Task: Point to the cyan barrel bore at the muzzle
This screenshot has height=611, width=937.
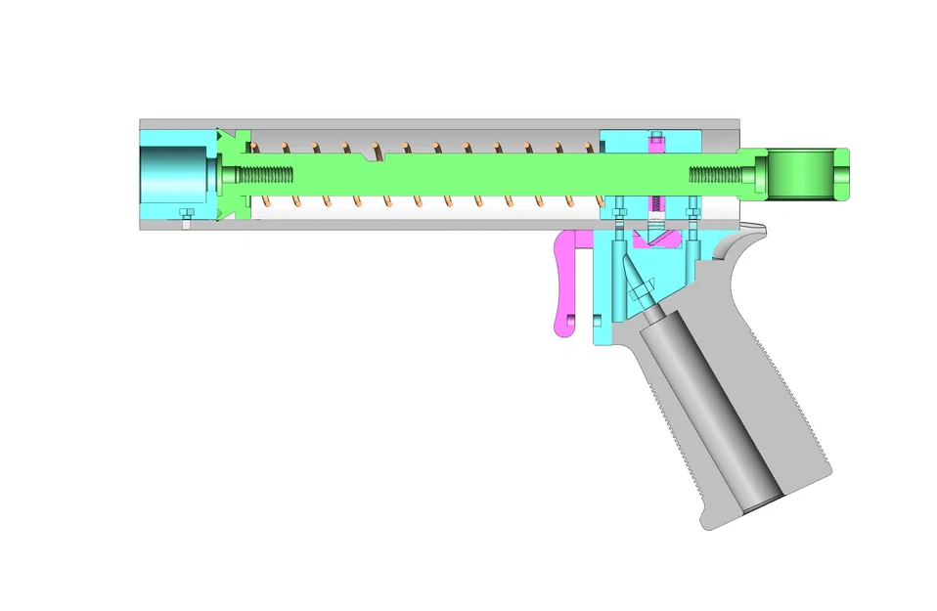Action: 173,174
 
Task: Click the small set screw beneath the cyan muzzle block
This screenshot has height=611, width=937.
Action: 186,216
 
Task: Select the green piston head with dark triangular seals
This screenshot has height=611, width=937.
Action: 235,176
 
